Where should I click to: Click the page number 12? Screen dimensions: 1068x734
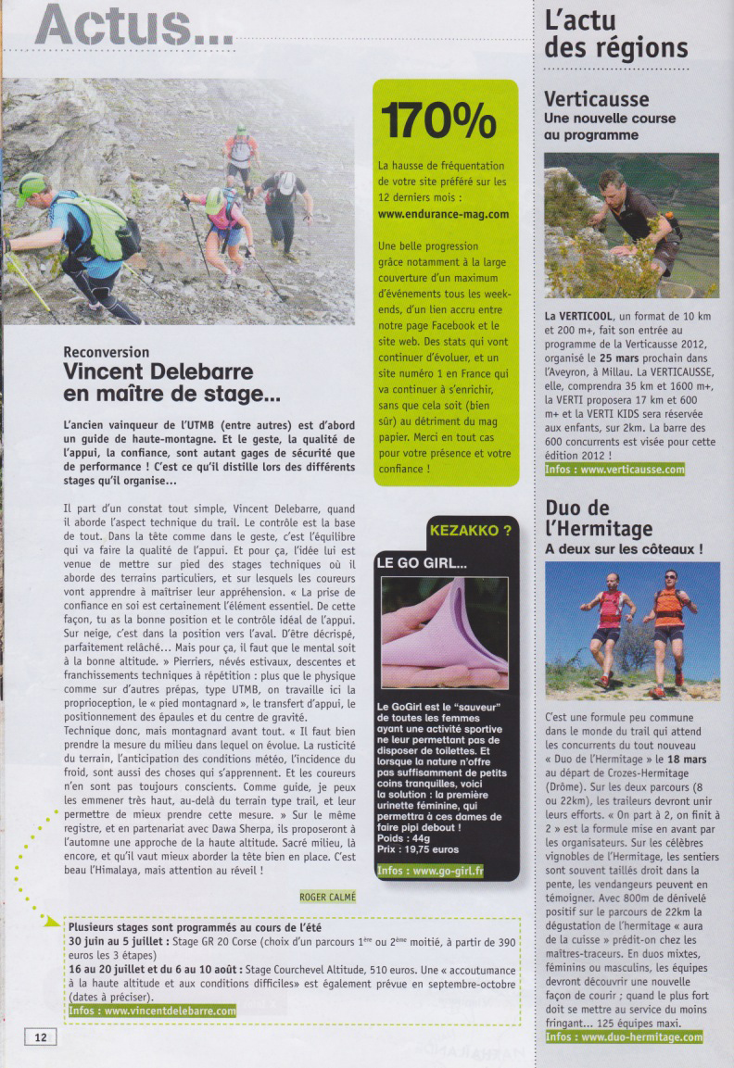[x=40, y=1037]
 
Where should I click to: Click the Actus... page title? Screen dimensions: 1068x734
[x=134, y=25]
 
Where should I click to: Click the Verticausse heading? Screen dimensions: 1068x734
[x=596, y=99]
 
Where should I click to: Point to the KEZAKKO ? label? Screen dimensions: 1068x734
[x=470, y=531]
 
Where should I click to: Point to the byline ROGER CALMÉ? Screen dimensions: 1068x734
[x=328, y=897]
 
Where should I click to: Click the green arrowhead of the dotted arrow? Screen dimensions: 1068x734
[x=53, y=922]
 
